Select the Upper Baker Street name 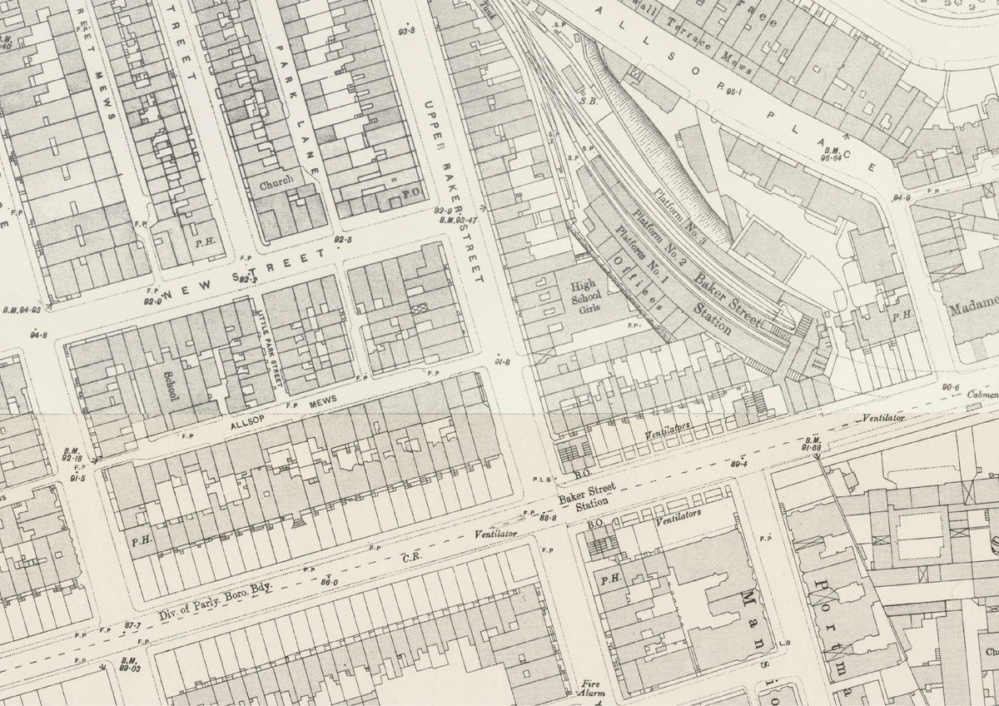(x=453, y=191)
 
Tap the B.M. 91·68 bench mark (x=813, y=445)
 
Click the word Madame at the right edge (x=972, y=302)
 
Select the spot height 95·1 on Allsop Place (x=733, y=90)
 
